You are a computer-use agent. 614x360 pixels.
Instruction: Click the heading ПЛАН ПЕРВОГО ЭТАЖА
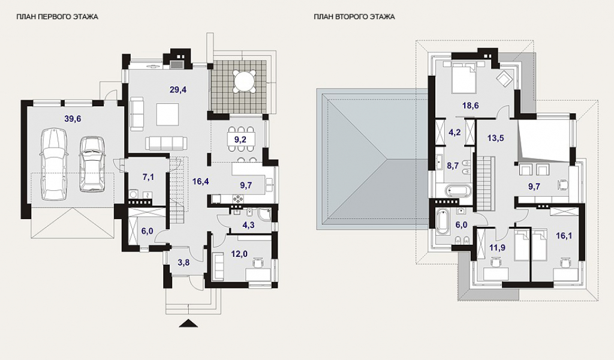[x=57, y=17]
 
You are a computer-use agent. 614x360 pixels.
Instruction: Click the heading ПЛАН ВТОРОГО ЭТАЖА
[x=354, y=17]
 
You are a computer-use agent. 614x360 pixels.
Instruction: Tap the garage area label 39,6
[x=73, y=119]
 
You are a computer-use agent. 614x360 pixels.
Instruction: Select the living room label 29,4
[x=178, y=90]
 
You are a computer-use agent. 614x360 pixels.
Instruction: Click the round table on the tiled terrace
[x=243, y=82]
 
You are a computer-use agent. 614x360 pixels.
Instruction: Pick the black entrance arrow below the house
[x=188, y=323]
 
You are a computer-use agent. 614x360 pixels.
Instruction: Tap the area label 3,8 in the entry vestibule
[x=183, y=262]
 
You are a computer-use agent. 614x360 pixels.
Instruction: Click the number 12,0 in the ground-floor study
[x=239, y=254]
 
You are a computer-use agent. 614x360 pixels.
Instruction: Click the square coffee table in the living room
[x=168, y=114]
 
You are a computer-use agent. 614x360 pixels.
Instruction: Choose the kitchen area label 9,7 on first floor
[x=245, y=185]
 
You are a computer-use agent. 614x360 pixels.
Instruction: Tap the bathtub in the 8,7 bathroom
[x=459, y=191]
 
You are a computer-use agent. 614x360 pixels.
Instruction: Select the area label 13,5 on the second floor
[x=495, y=138]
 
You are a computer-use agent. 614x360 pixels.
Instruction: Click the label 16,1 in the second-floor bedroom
[x=564, y=235]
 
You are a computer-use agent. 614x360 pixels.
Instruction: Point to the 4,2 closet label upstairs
[x=455, y=132]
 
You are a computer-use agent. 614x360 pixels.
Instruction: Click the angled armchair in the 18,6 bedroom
[x=504, y=78]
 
